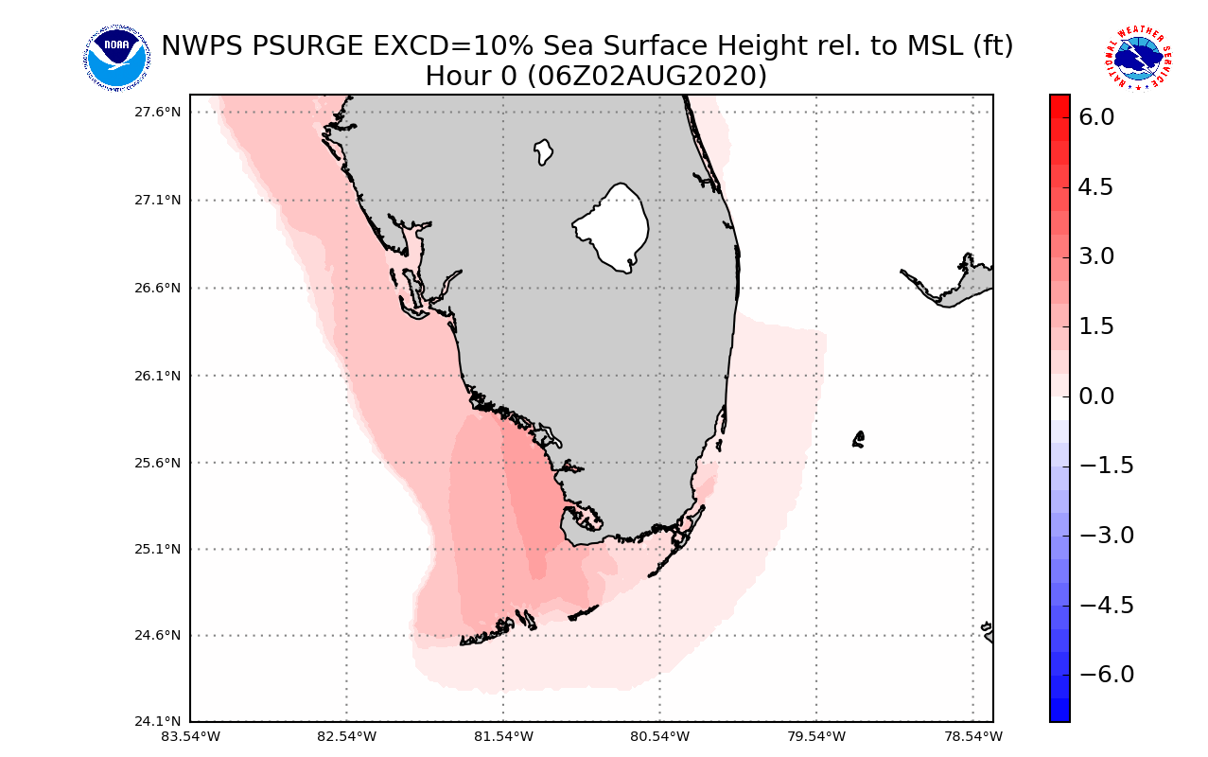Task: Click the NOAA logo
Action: tap(115, 59)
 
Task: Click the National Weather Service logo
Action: tap(1138, 59)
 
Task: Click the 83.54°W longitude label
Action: tap(190, 736)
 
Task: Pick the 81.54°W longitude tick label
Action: tap(503, 736)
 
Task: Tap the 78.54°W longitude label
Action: tap(972, 736)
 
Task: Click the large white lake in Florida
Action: tap(613, 227)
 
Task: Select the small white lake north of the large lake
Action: tap(543, 151)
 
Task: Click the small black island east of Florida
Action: tap(858, 439)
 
